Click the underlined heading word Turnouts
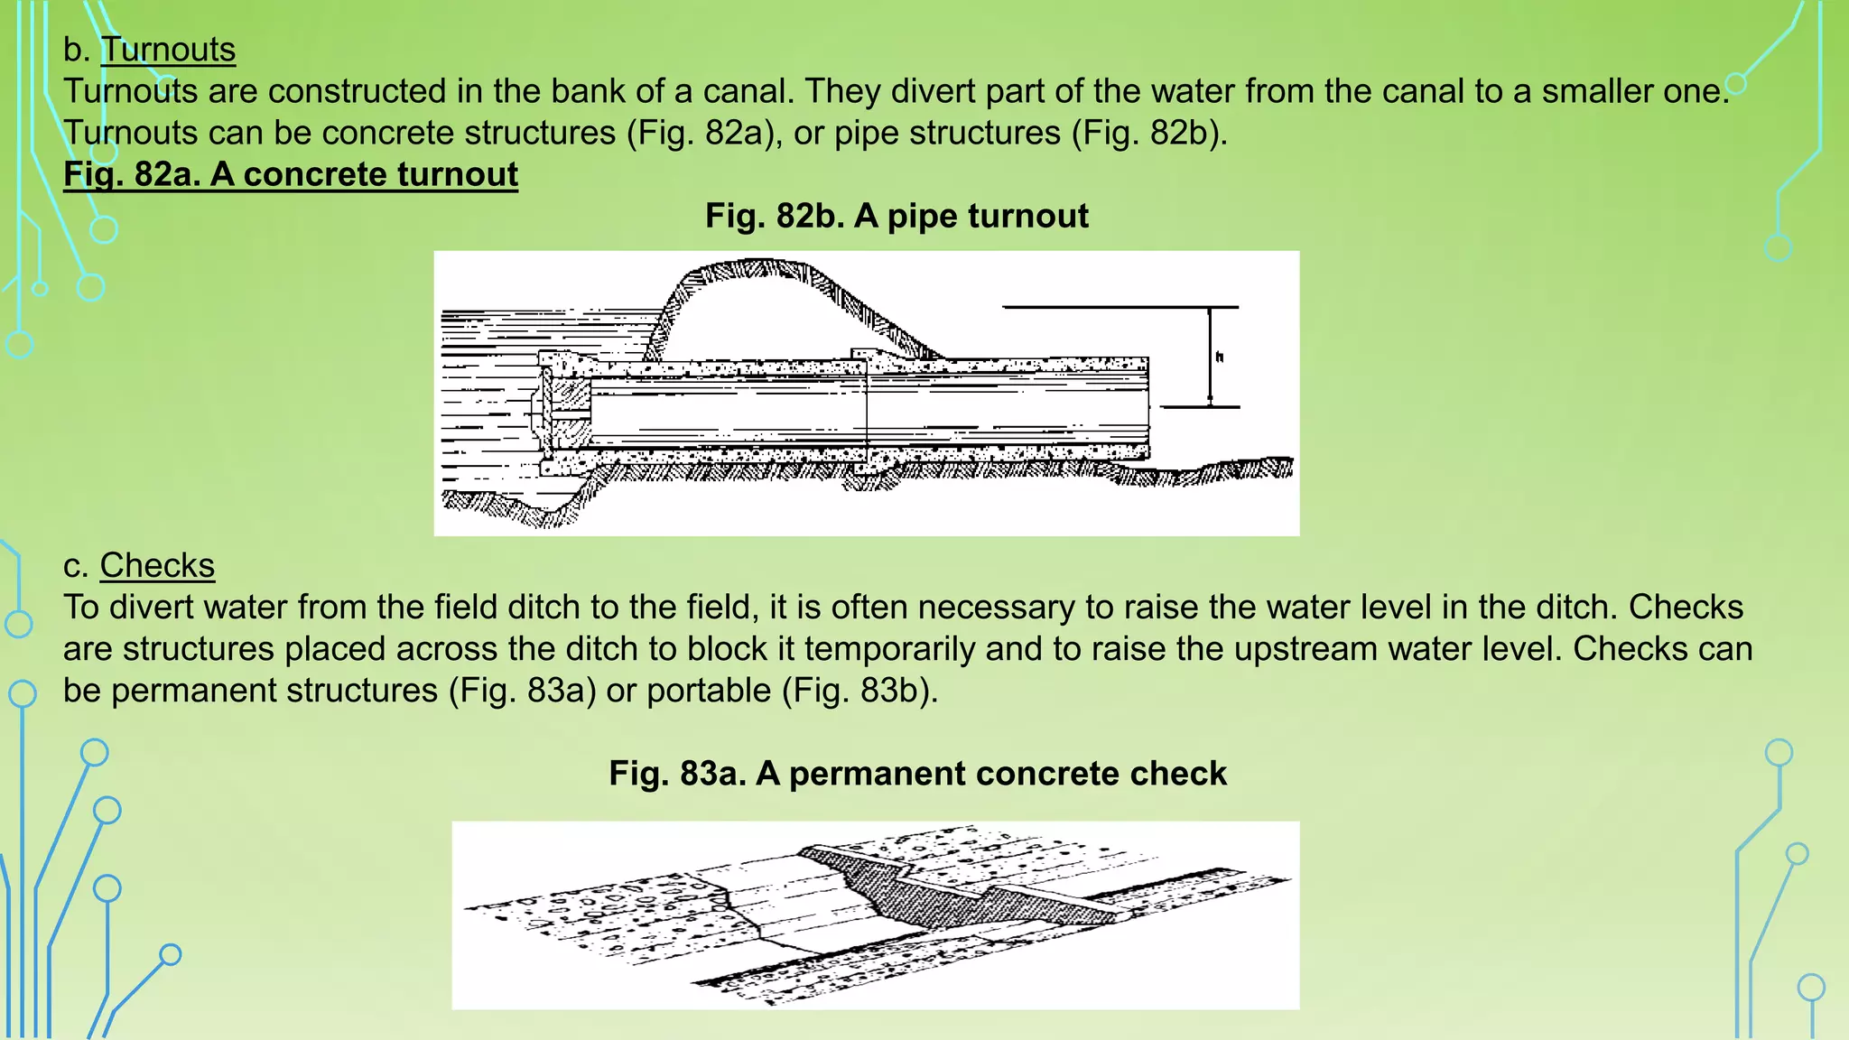(x=168, y=50)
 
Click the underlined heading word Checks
(x=157, y=566)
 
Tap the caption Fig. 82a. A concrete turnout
(x=291, y=174)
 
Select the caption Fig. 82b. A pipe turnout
(x=897, y=217)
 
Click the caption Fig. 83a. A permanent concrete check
(x=917, y=774)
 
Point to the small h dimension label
(x=1220, y=357)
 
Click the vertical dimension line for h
(x=1210, y=379)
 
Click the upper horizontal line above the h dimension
(x=1120, y=307)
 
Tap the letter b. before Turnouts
(x=76, y=50)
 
